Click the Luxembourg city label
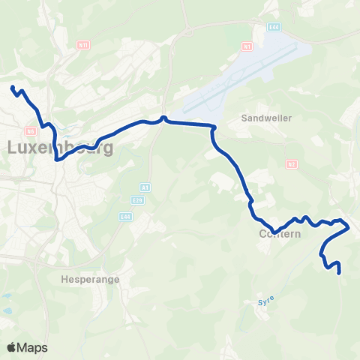[60, 148]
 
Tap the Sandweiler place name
[261, 118]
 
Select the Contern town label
[280, 234]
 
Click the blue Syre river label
[265, 301]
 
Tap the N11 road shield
[83, 45]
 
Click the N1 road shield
[246, 46]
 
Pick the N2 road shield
[292, 163]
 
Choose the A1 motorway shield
[144, 187]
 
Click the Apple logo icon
[11, 347]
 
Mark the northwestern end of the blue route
[12, 88]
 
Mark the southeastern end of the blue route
[340, 273]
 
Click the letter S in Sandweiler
[244, 118]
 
